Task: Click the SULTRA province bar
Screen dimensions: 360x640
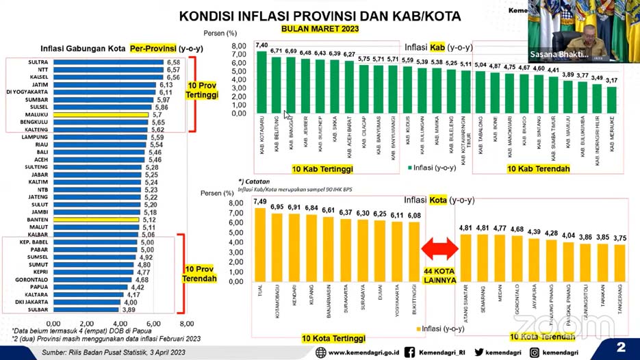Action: tap(107, 62)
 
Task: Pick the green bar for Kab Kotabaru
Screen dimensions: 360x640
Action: tap(261, 82)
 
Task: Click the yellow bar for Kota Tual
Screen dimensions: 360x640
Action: tap(259, 241)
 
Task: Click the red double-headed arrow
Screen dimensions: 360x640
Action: tap(437, 248)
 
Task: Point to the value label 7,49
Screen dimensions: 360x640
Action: tap(259, 201)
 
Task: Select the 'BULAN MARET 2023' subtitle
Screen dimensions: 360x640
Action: tap(320, 29)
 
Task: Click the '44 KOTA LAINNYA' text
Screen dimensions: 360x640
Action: tap(438, 276)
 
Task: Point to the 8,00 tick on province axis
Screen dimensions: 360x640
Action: tap(185, 323)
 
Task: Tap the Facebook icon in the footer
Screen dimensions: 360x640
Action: tap(409, 352)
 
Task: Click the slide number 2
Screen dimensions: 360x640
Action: tap(621, 346)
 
